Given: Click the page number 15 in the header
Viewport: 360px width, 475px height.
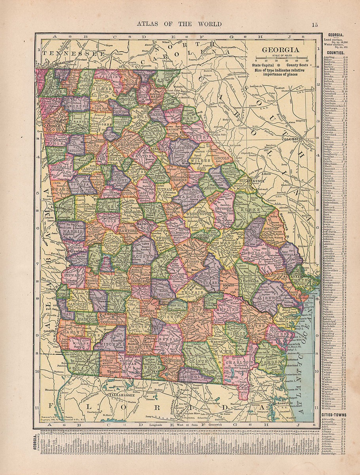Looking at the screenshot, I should coord(315,25).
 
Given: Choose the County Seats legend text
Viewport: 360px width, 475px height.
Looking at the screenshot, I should coord(298,64).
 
